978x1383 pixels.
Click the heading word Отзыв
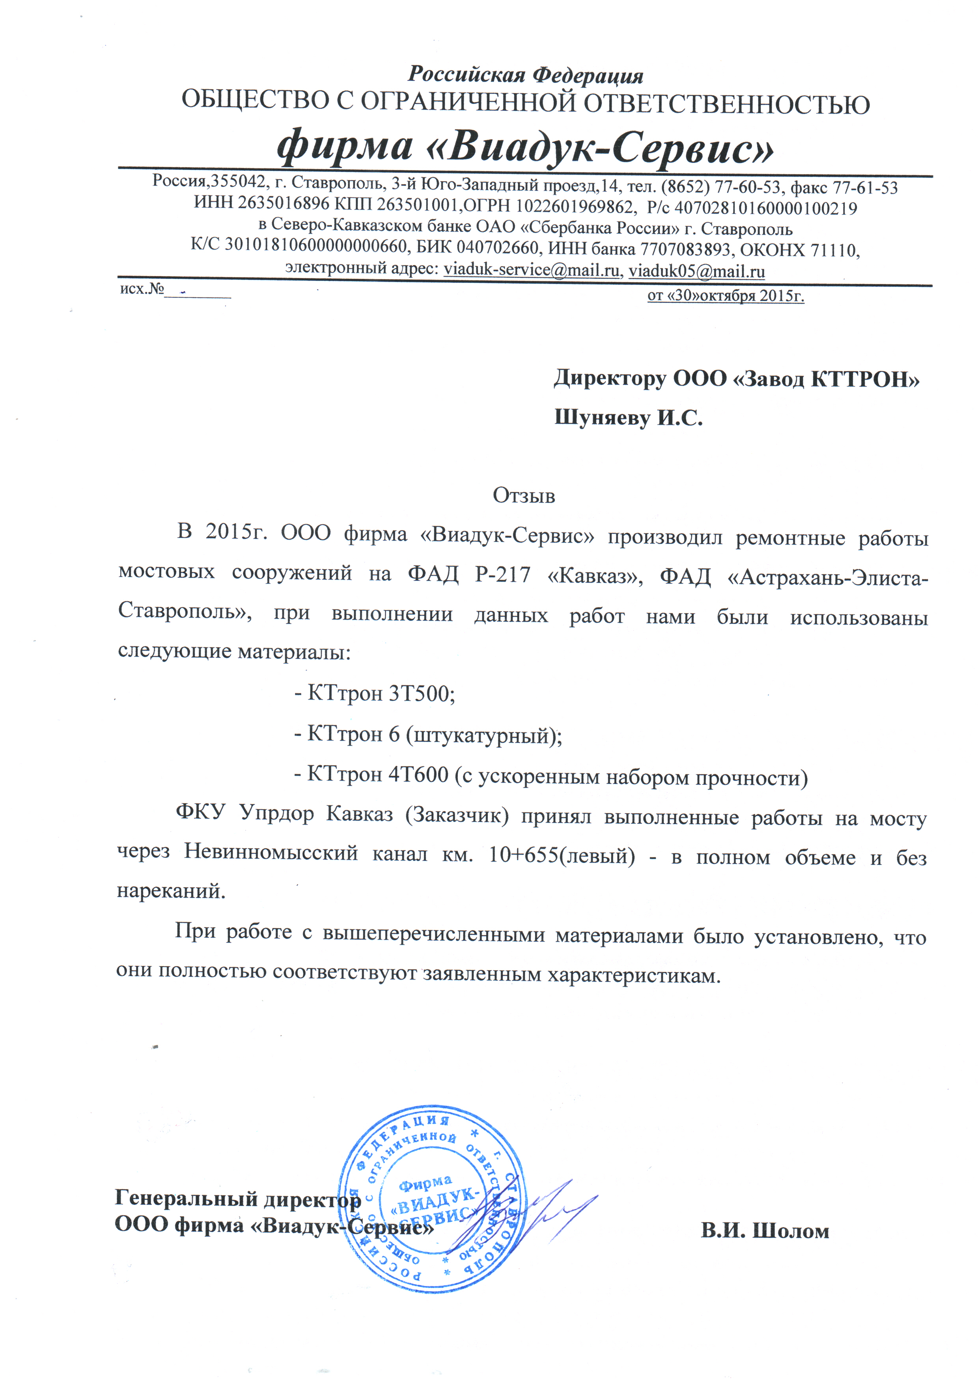523,495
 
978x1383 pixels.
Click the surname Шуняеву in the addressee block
602,418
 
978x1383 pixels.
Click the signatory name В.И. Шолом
765,1231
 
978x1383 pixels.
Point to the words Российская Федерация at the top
526,75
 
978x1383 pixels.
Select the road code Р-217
502,576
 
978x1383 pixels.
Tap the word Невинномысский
271,853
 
